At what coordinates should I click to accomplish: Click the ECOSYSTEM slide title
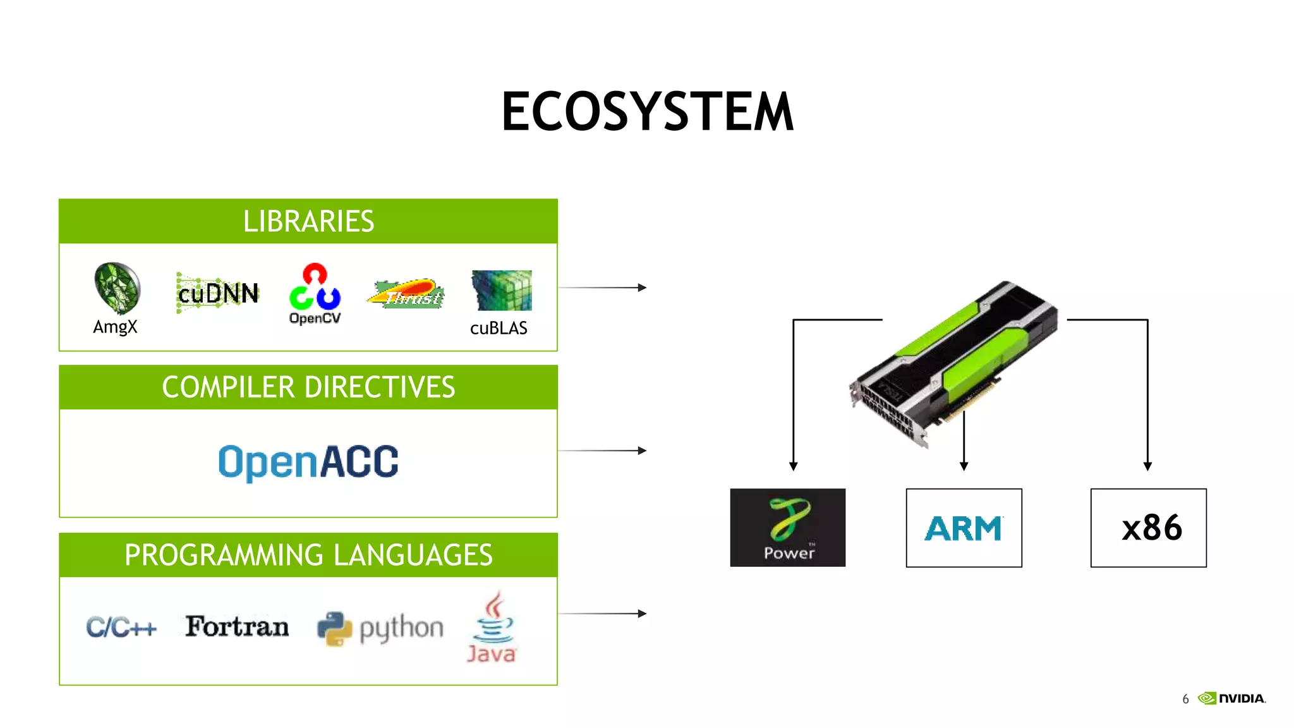coord(647,112)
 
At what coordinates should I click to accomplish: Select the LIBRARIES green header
coord(308,221)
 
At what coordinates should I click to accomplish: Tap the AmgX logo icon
coord(117,288)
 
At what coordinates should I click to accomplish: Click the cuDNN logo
coord(218,293)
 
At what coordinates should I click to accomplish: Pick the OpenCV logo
coord(315,294)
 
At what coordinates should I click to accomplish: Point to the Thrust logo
coord(406,294)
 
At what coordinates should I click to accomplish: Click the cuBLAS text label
coord(499,328)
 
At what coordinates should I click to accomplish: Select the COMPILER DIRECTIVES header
coord(308,387)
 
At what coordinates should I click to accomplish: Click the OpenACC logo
coord(308,462)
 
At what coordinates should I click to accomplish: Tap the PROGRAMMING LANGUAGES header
coord(308,555)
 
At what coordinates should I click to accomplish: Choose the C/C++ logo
coord(121,628)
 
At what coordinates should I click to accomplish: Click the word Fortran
coord(237,626)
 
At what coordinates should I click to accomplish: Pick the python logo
coord(380,629)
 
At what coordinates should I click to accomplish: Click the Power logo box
coord(787,528)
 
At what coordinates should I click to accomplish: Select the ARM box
coord(964,528)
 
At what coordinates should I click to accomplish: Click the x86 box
coord(1148,528)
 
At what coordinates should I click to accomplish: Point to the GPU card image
coord(954,363)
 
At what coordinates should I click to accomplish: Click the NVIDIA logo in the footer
coord(1233,698)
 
